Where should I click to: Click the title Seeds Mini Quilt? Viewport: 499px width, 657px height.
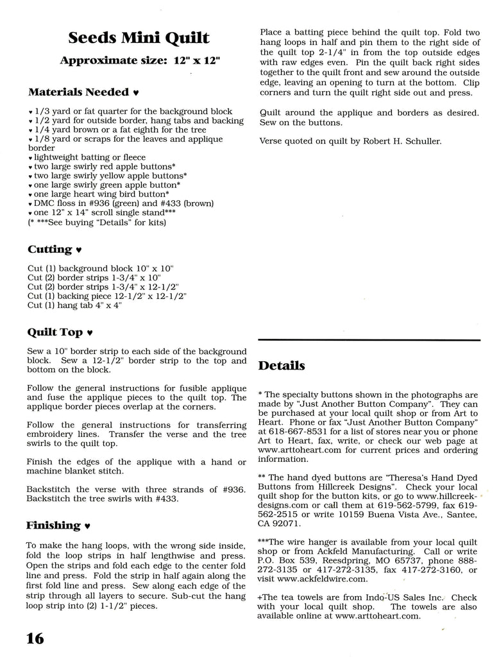pos(139,38)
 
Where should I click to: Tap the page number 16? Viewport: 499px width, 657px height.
pos(35,638)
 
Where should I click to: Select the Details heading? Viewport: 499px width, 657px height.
pos(282,366)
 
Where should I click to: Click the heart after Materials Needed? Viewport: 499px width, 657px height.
pos(135,92)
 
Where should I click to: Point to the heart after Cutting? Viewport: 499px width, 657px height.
pos(79,250)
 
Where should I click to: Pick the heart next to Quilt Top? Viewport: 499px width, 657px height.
pos(89,333)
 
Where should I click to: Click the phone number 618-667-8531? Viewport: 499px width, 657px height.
pos(300,431)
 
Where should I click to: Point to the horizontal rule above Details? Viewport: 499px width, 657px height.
pos(369,339)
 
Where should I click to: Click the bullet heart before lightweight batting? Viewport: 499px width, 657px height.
pos(30,158)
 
